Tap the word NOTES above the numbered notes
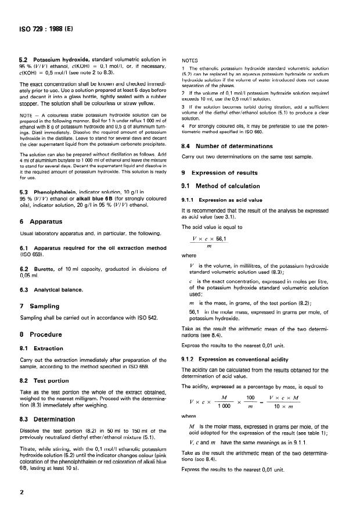(190, 60)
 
